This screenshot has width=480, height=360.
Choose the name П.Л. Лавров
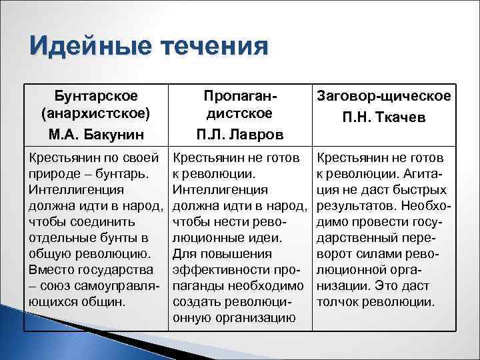click(x=239, y=134)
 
